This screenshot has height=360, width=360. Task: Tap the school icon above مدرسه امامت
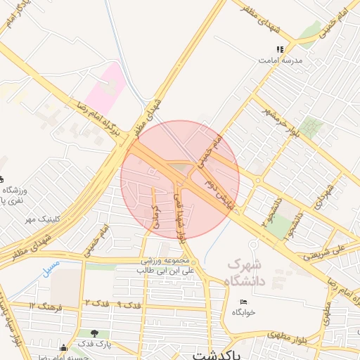click(x=280, y=50)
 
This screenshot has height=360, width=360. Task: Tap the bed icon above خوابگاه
click(x=243, y=302)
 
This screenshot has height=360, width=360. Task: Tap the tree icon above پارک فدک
click(x=94, y=333)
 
